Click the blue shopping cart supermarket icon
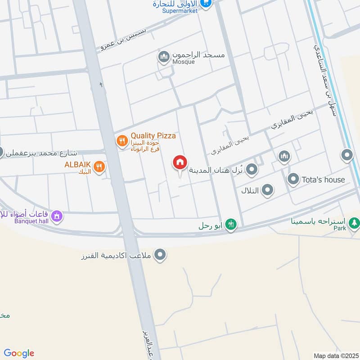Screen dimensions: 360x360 tap(206, 4)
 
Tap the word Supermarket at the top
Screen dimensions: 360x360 tap(180, 11)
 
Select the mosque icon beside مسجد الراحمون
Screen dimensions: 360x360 tap(163, 57)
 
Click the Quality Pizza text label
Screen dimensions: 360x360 tap(153, 135)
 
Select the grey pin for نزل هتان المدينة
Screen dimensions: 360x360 tap(252, 170)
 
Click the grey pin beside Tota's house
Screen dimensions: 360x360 tap(293, 179)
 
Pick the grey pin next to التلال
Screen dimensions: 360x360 tap(268, 190)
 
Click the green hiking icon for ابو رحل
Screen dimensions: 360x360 tap(231, 224)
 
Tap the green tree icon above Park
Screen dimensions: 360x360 tap(354, 222)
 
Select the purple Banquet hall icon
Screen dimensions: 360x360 tap(57, 216)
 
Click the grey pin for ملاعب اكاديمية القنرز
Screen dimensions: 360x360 tap(160, 256)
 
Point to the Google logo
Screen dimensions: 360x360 tap(19, 353)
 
